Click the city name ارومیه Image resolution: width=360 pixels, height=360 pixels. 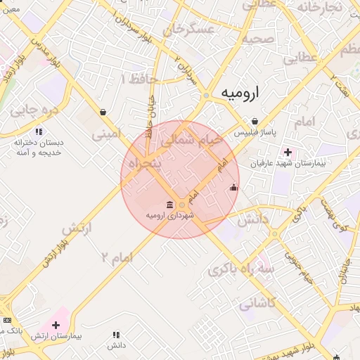(x=239, y=92)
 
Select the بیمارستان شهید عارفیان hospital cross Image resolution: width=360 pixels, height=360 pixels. (x=288, y=153)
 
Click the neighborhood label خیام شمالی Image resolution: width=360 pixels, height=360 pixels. (x=191, y=141)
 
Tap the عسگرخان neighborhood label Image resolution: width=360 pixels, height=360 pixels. (x=188, y=30)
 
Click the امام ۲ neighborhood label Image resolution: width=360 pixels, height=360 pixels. (x=117, y=257)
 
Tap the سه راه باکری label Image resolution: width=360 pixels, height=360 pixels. (x=259, y=270)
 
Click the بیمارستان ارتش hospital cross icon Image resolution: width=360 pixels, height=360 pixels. (x=56, y=325)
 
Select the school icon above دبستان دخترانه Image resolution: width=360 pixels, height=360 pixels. (x=39, y=131)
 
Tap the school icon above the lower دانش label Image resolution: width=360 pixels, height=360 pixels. (x=116, y=335)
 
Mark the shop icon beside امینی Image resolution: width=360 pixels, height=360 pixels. (x=103, y=112)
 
